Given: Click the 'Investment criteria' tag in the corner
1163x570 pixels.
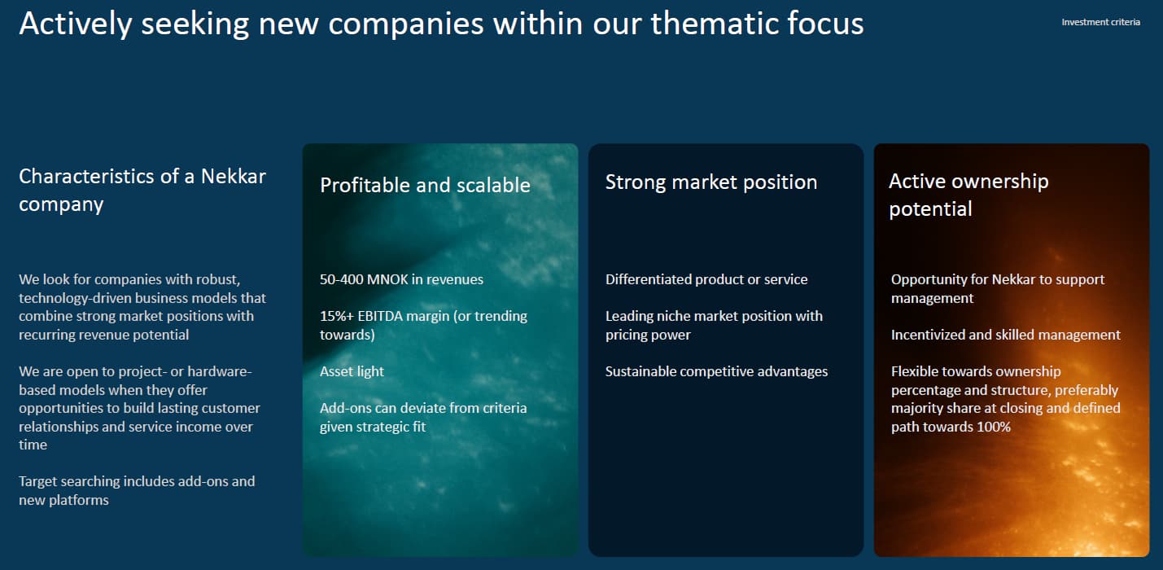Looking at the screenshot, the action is click(1100, 22).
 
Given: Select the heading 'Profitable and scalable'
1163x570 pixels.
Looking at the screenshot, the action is click(425, 185).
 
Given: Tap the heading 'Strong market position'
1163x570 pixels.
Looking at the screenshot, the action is click(711, 182).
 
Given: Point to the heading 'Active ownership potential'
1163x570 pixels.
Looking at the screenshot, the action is click(968, 195).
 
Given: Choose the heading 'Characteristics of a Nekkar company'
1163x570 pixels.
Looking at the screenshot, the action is click(142, 191).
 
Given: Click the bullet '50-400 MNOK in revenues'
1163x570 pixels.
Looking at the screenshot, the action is click(401, 279).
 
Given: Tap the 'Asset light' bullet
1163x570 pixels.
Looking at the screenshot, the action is click(352, 371).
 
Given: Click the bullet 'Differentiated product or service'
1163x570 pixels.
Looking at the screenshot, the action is click(706, 279).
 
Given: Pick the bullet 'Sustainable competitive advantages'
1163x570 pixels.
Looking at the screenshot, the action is click(716, 371).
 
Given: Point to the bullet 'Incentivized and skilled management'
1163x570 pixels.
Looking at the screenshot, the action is click(1006, 335).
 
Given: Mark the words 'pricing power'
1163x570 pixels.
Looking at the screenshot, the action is click(648, 335).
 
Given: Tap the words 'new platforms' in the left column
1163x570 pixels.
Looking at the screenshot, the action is click(63, 500).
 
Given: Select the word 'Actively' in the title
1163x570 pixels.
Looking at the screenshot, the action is click(76, 24).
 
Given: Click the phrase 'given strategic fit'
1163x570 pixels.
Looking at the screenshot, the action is click(373, 427).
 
